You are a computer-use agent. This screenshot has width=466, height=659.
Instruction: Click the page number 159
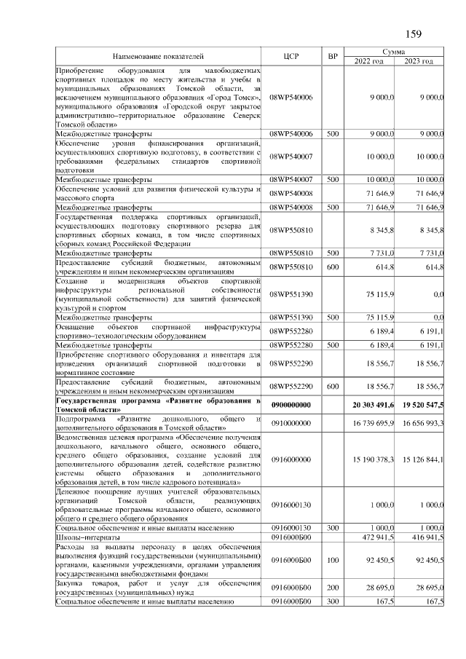click(x=412, y=33)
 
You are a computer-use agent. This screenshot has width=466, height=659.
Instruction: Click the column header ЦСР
click(x=291, y=56)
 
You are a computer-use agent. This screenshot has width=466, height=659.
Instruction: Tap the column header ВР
click(x=333, y=56)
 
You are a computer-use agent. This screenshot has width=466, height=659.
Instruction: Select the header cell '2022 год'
click(x=370, y=61)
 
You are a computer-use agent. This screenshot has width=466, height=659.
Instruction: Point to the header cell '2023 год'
click(x=419, y=61)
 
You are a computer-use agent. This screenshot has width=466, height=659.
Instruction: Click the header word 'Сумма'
click(x=394, y=52)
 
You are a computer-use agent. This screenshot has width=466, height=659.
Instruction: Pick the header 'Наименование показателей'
click(x=158, y=56)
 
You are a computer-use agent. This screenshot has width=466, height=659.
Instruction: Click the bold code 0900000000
click(x=291, y=404)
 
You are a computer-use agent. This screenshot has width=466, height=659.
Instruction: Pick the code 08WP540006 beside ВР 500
click(x=291, y=134)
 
